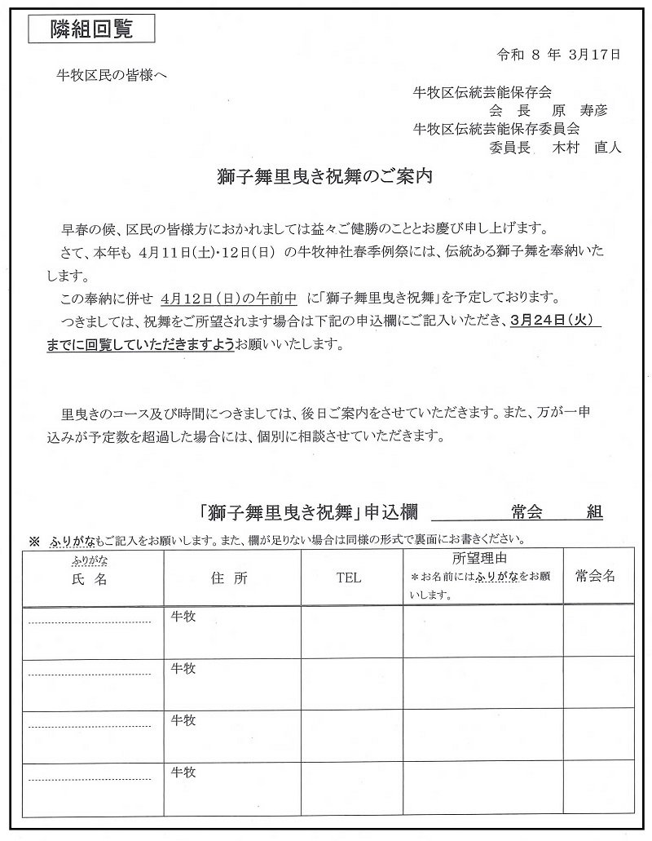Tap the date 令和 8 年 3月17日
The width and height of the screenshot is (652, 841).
[558, 55]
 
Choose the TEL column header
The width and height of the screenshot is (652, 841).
[348, 578]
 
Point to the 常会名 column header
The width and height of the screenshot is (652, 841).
[595, 576]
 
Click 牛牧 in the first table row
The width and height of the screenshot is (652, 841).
[183, 617]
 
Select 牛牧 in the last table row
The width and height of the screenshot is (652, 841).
[183, 772]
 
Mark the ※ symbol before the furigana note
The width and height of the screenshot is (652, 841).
[34, 540]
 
